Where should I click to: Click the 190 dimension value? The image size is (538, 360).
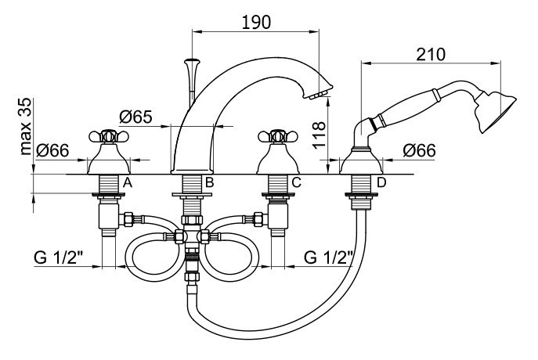[x=256, y=21]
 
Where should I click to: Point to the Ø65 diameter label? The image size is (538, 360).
[x=136, y=117]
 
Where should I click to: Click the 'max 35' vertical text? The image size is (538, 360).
[x=27, y=126]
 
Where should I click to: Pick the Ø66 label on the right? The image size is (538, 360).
[x=420, y=150]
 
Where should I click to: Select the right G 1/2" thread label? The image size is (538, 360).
[x=329, y=257]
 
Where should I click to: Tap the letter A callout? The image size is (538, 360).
[x=127, y=183]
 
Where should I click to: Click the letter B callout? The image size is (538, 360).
[x=209, y=183]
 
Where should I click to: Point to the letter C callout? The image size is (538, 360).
[x=295, y=183]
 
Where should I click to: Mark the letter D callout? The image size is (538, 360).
[x=381, y=183]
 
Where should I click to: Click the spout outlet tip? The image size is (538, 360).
[x=316, y=95]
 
